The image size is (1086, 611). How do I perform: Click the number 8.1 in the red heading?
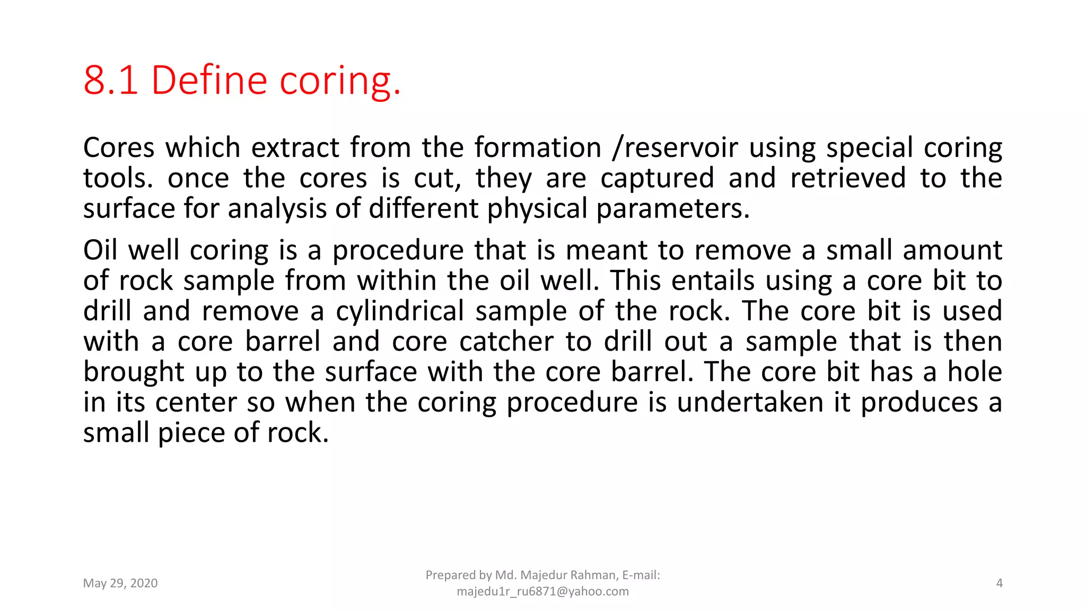(110, 81)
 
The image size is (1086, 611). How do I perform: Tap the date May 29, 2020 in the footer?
(120, 583)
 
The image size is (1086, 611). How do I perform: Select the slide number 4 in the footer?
(999, 583)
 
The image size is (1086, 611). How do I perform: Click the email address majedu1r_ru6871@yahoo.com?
(542, 591)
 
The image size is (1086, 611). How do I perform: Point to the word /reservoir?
(675, 147)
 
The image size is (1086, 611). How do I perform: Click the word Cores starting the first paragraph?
(119, 147)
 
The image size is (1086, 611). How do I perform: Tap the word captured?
(657, 178)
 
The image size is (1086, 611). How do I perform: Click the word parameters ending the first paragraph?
(672, 209)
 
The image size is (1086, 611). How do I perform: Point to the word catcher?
(506, 342)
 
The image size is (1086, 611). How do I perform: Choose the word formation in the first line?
(538, 147)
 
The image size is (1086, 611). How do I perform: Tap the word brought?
(134, 372)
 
